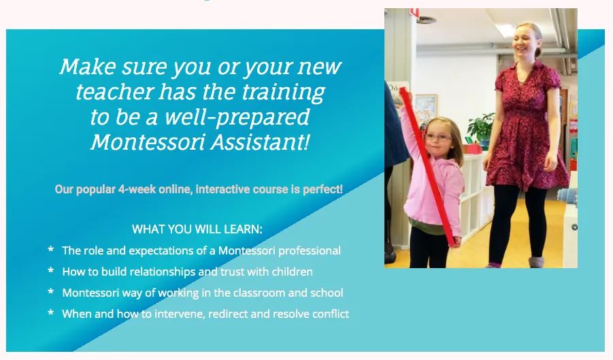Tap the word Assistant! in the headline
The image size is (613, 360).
point(260,141)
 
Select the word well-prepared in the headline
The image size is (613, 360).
point(237,117)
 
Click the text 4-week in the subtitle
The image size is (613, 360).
point(137,189)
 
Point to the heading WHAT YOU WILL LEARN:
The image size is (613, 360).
point(197,229)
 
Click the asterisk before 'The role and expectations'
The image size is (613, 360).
point(50,249)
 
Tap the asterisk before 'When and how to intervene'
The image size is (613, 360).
point(50,313)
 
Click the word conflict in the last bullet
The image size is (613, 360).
point(331,314)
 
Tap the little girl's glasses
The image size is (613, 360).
point(438,137)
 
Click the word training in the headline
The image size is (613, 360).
point(283,93)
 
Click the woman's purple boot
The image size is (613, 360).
point(535,262)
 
